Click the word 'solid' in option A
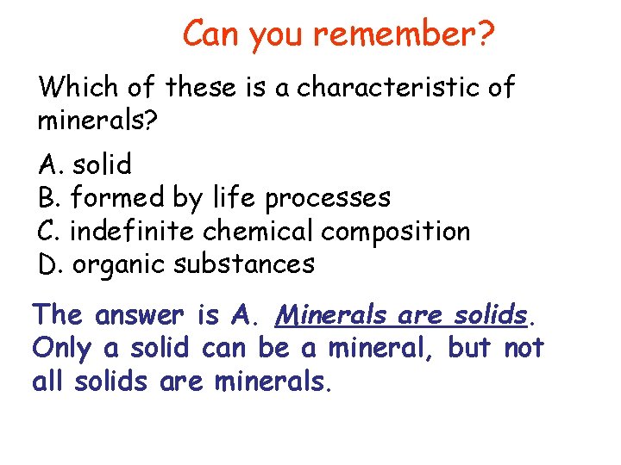[x=102, y=164]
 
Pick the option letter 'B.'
[x=50, y=197]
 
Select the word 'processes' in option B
[x=328, y=199]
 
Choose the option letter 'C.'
[x=50, y=231]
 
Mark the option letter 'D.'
[x=51, y=263]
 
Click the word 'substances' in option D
[x=244, y=263]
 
